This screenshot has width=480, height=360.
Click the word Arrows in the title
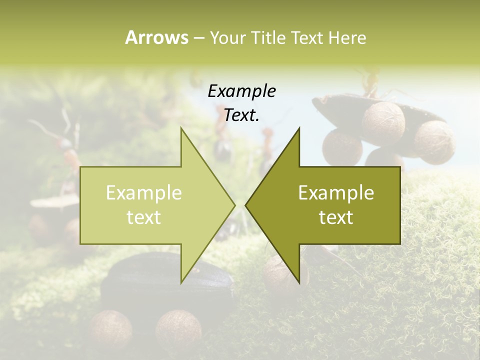click(x=156, y=37)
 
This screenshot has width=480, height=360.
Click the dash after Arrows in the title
click(x=198, y=38)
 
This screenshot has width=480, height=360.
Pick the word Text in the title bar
click(x=308, y=38)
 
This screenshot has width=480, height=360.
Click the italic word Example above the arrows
click(x=241, y=91)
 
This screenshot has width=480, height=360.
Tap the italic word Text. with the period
click(x=241, y=115)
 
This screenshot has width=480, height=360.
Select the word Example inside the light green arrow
click(x=144, y=193)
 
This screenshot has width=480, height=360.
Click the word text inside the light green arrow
click(x=144, y=217)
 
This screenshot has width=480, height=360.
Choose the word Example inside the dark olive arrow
click(x=336, y=193)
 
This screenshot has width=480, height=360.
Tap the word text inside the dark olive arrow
click(x=336, y=217)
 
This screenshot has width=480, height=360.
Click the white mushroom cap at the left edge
click(x=52, y=201)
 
